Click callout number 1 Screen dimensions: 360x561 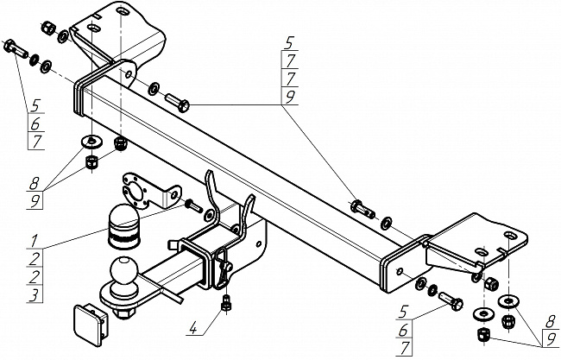[32, 238]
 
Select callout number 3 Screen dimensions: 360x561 [32, 295]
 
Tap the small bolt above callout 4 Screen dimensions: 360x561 [226, 303]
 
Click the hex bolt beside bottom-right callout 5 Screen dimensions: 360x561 [451, 301]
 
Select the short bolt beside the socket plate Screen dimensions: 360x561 [192, 206]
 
